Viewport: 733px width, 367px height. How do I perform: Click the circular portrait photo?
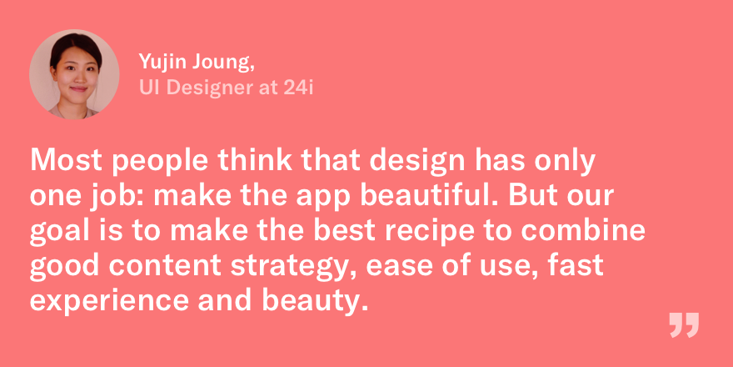[74, 74]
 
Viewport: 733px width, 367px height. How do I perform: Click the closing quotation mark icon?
[684, 325]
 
